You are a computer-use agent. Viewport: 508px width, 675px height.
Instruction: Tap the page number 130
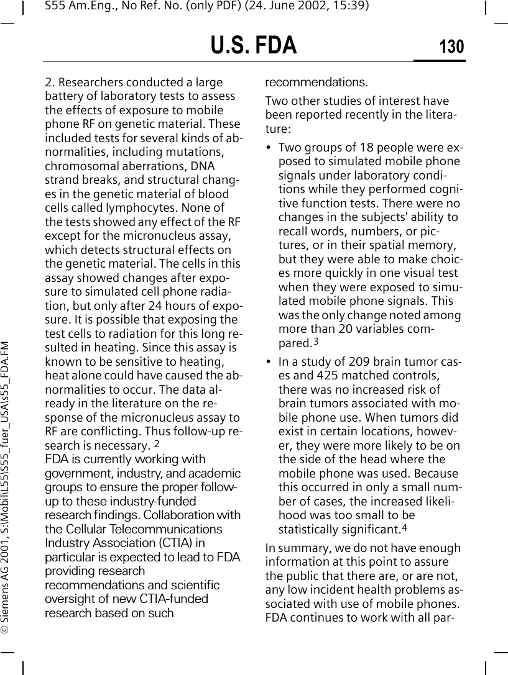tap(451, 47)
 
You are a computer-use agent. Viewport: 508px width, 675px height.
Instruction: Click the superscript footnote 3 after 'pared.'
tap(315, 341)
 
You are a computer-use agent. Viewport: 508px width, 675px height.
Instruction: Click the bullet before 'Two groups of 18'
tap(269, 148)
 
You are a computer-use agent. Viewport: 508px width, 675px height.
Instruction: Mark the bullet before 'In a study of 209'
tap(269, 361)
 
